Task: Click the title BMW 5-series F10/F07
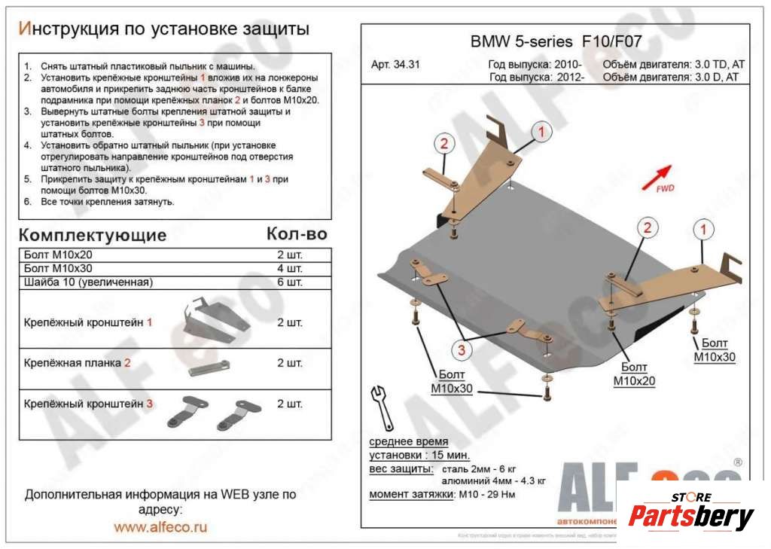556,41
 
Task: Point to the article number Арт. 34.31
395,65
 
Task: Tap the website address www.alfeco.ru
160,527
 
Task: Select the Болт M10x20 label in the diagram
634,374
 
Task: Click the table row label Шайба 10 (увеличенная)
88,282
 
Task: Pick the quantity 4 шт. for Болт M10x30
290,269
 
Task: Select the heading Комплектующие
92,234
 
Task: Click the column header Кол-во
297,234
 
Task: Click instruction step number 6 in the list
27,202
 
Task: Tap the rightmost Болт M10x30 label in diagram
714,351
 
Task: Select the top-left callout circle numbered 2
444,144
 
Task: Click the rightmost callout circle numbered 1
702,228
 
